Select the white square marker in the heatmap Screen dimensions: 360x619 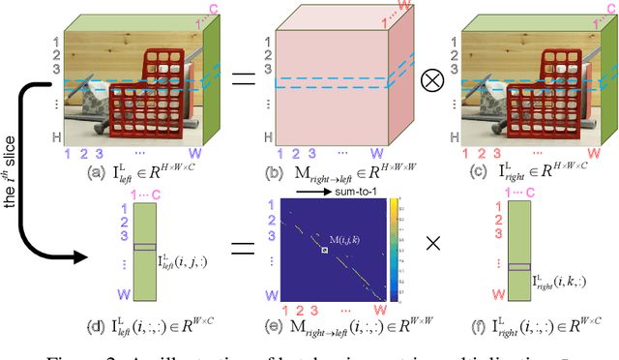(326, 251)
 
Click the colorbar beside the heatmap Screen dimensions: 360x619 (394, 253)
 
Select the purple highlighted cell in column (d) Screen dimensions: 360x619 (143, 247)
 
